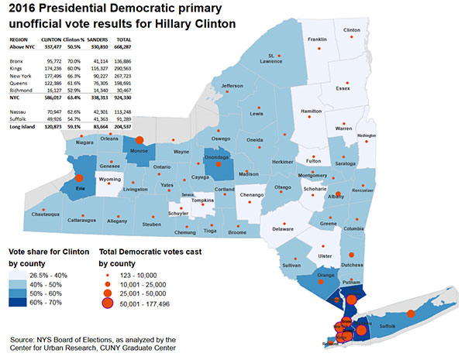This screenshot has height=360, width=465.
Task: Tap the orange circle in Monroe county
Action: [x=139, y=140]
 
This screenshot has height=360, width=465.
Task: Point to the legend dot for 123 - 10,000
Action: [x=107, y=275]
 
